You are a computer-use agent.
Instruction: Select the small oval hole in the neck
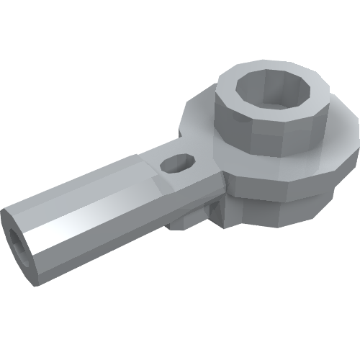click(x=177, y=164)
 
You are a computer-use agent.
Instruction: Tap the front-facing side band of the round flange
click(x=288, y=180)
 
